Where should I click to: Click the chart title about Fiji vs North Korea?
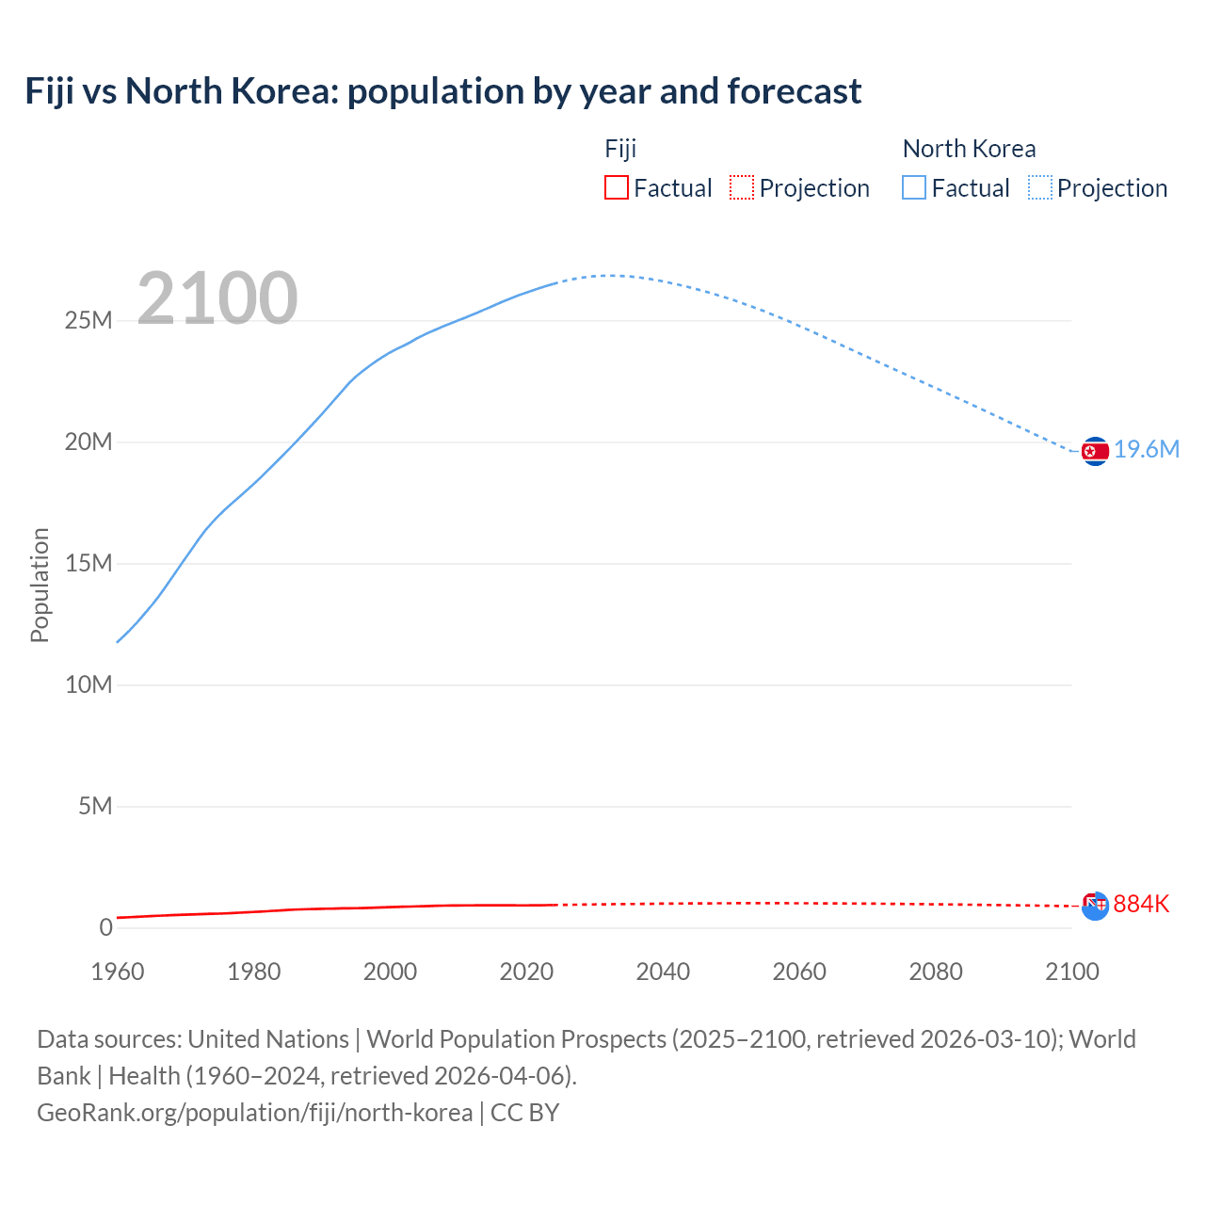442,91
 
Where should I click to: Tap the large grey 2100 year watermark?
217,298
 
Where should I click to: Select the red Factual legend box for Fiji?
616,188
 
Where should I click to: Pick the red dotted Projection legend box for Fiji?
742,188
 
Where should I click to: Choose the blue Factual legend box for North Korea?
913,188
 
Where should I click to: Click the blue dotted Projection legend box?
1039,188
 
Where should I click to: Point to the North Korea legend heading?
969,149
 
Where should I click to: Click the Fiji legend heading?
620,149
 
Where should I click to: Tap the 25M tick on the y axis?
88,321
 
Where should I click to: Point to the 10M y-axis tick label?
88,685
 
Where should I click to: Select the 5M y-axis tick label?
95,807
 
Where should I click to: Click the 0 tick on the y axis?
105,928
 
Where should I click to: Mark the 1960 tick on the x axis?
118,972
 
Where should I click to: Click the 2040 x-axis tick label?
663,972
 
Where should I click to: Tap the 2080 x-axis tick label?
936,972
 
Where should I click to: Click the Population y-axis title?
40,585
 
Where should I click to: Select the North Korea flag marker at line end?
1095,452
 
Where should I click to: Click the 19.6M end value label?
1147,450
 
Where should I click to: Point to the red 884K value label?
1141,905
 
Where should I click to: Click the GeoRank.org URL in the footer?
254,1113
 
